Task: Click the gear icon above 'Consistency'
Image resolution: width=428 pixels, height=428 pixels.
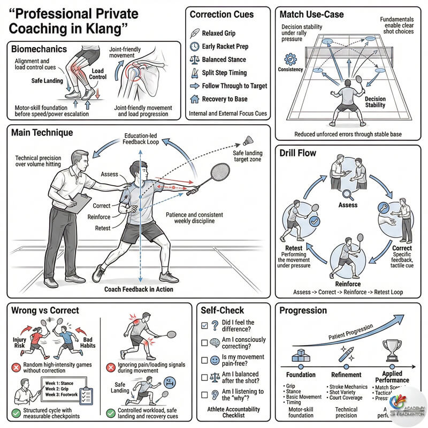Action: click(x=291, y=58)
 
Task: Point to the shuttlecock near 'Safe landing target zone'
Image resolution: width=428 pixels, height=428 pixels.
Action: click(x=248, y=140)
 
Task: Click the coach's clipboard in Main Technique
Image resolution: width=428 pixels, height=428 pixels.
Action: click(x=81, y=202)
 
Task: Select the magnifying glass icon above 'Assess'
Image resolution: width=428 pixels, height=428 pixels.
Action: click(x=348, y=195)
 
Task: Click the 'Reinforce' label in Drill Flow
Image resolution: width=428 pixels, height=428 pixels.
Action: click(x=347, y=284)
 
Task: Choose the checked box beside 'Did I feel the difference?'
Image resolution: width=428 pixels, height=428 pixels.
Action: click(x=204, y=325)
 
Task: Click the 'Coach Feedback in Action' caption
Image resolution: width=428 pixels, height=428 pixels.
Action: click(x=139, y=289)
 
